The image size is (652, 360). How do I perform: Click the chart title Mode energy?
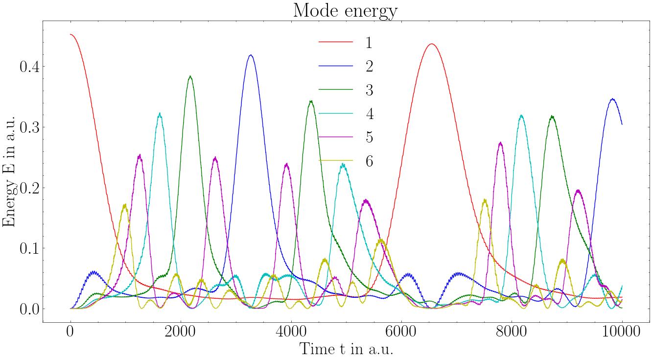(x=345, y=11)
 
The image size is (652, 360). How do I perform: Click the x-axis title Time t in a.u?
(x=347, y=349)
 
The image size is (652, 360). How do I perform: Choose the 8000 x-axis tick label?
(x=512, y=331)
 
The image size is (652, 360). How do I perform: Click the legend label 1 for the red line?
(x=369, y=43)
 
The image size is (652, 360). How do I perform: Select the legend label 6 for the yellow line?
(x=369, y=161)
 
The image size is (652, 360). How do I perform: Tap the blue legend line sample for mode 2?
(x=336, y=66)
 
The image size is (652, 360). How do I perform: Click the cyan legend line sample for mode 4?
(x=336, y=113)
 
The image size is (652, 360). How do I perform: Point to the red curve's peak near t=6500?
(x=432, y=44)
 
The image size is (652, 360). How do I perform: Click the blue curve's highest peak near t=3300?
(x=251, y=55)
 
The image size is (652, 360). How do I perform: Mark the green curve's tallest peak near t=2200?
(x=190, y=76)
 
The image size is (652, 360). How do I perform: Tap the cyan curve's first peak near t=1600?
(x=160, y=113)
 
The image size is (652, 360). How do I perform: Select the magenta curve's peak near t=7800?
(x=500, y=143)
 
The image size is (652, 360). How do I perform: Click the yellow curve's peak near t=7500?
(x=485, y=199)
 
